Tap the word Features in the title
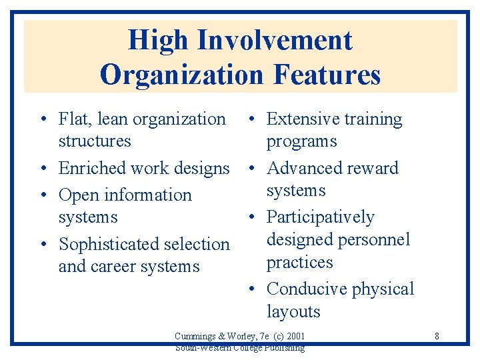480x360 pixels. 327,74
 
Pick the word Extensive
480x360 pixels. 302,119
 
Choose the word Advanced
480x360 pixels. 304,168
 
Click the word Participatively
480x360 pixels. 320,217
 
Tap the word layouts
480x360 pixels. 293,312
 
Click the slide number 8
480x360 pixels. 437,336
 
